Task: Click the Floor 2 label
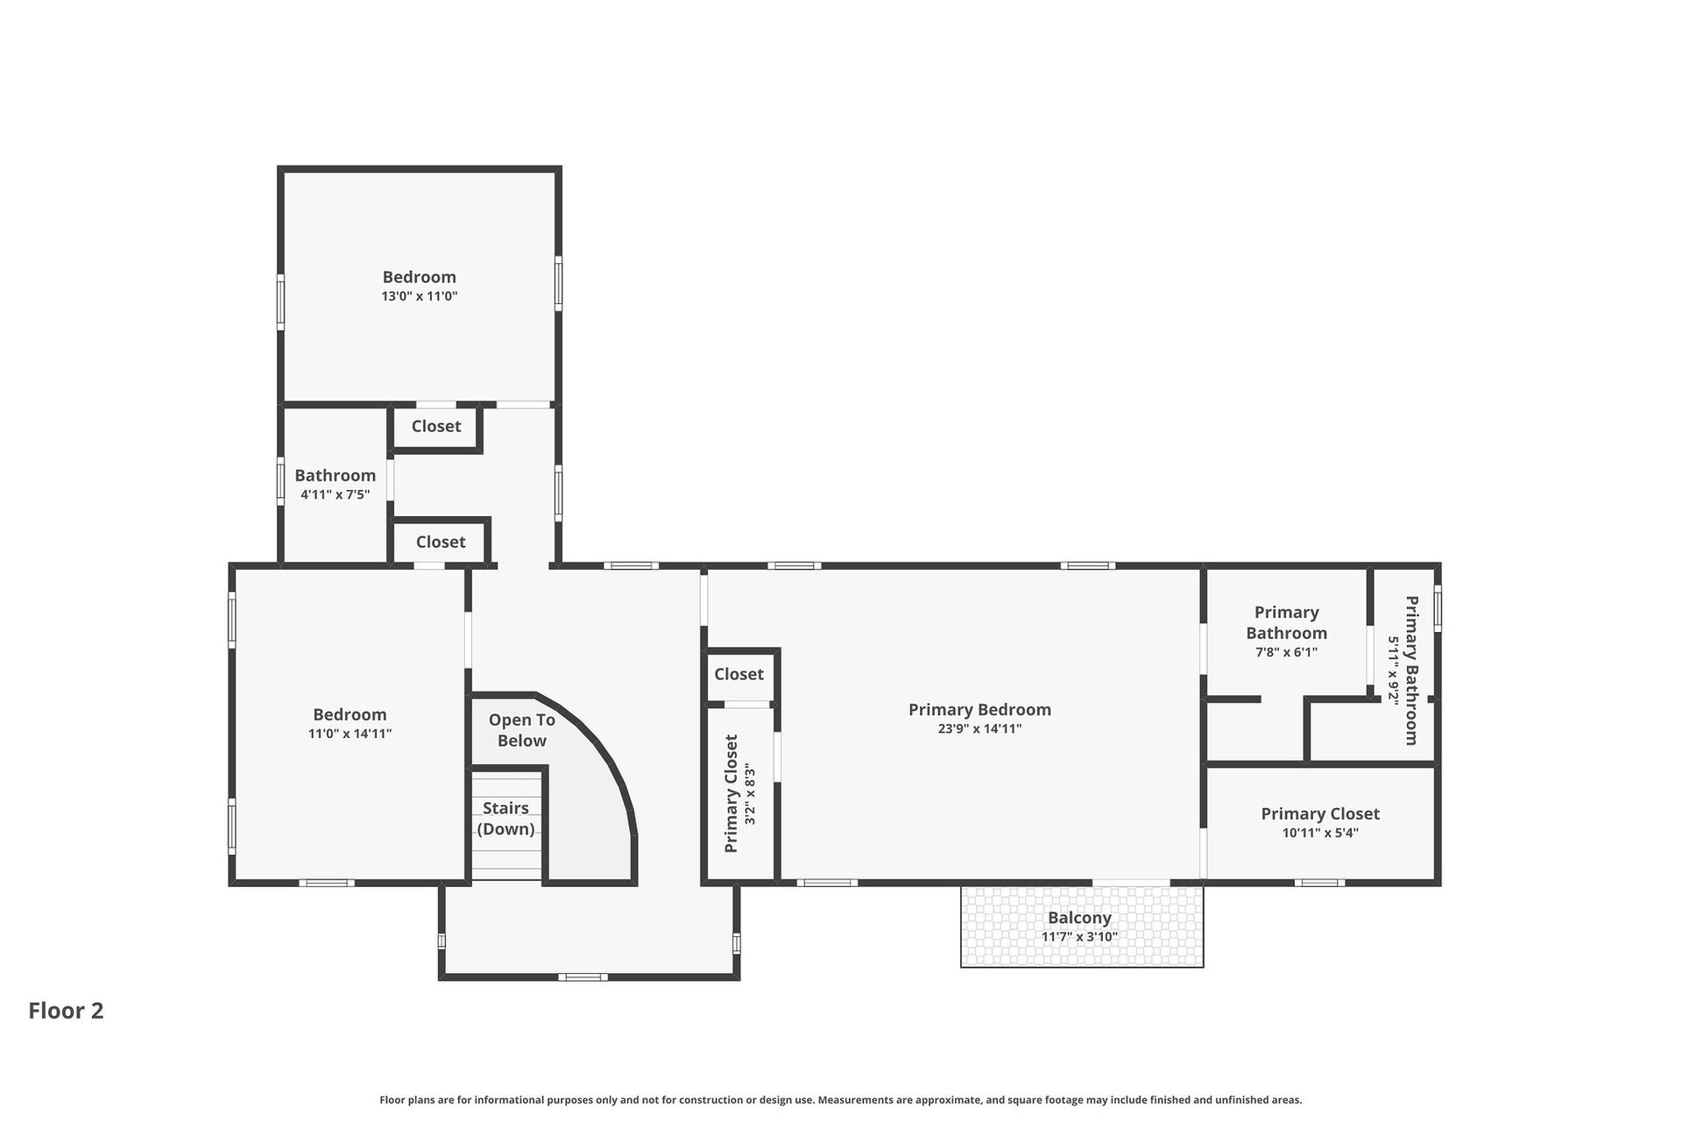[x=66, y=1011]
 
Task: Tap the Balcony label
[x=1079, y=918]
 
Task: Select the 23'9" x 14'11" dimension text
[x=979, y=728]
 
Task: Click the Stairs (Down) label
[x=506, y=819]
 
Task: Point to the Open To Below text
[x=522, y=730]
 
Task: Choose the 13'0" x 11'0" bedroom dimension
[x=420, y=296]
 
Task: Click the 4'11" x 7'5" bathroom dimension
[x=336, y=494]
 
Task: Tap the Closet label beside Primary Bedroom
[x=739, y=674]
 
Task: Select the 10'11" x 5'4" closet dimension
[x=1320, y=833]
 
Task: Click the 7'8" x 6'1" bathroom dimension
[x=1286, y=652]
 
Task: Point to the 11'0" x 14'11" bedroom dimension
[x=350, y=734]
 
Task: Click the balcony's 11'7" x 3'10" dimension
[x=1079, y=936]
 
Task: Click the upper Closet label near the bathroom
[x=436, y=426]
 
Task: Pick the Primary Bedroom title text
[x=979, y=709]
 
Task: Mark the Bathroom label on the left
[x=336, y=475]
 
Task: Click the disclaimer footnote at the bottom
[x=841, y=1099]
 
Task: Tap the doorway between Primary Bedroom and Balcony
[x=1131, y=882]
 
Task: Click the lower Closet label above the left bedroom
[x=441, y=542]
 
